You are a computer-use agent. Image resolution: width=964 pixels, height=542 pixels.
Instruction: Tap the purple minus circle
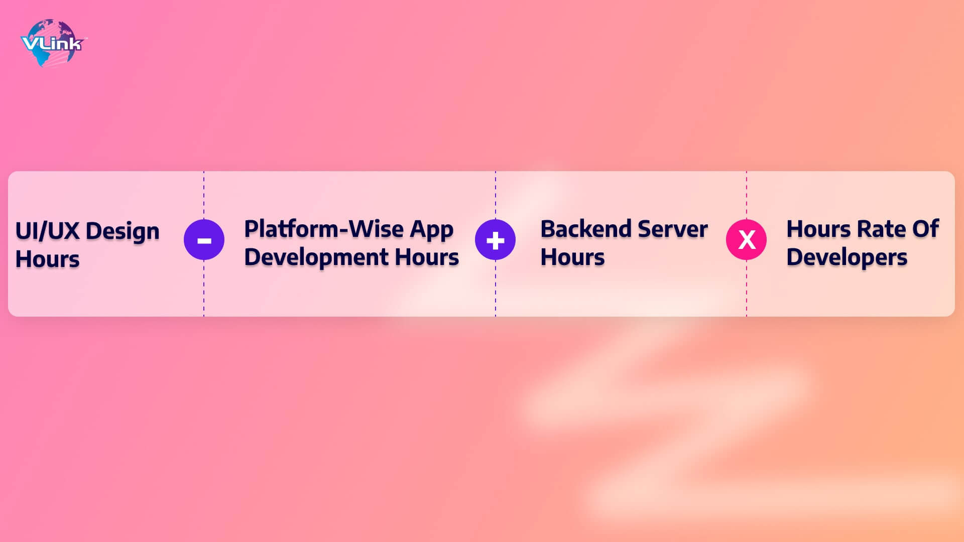point(204,240)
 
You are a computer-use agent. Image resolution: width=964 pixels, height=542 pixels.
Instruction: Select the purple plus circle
point(495,240)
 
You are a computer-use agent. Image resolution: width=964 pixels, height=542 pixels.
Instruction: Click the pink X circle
point(746,240)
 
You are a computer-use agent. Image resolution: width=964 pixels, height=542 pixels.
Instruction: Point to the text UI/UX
point(48,231)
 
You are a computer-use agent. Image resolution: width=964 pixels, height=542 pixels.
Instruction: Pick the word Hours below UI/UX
point(48,259)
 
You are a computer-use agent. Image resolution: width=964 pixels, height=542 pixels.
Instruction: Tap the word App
point(432,231)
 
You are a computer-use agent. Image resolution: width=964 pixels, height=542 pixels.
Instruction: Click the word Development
point(316,258)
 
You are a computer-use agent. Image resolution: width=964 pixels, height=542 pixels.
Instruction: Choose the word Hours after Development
point(427,257)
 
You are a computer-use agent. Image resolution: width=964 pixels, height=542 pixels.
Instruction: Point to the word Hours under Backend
point(573,257)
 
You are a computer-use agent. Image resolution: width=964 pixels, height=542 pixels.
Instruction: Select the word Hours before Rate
point(819,229)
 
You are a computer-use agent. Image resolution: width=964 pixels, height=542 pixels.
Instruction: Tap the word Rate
point(881,229)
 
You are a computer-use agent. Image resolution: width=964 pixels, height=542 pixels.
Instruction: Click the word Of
point(925,229)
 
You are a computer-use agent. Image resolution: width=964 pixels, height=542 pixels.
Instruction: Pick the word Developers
point(847,258)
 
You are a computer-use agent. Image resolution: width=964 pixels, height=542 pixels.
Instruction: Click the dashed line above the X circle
point(746,195)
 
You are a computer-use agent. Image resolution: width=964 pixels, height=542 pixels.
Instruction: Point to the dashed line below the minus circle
point(204,289)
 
